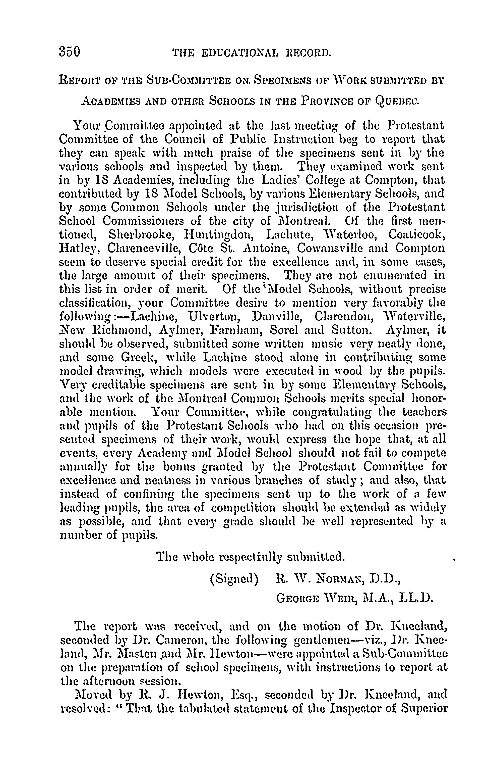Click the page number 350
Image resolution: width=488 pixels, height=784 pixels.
(69, 52)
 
